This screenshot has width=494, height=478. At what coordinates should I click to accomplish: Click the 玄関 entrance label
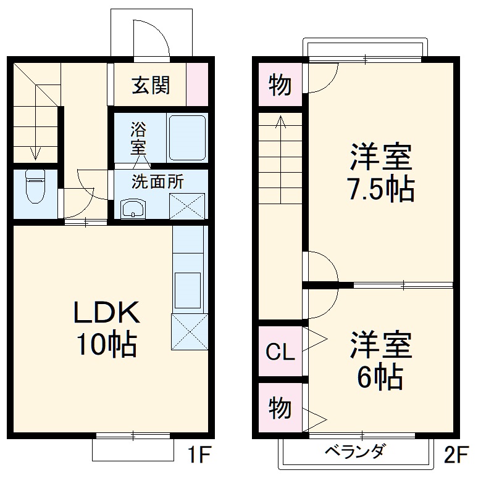click(150, 85)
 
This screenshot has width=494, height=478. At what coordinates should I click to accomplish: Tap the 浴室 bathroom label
click(138, 139)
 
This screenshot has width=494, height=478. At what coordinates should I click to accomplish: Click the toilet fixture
click(35, 187)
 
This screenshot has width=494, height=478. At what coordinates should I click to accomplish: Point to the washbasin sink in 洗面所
click(132, 208)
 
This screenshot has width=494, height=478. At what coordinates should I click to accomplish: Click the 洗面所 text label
click(157, 182)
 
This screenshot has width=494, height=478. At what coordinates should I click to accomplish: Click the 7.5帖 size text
click(380, 189)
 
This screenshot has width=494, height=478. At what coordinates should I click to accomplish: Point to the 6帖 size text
click(380, 376)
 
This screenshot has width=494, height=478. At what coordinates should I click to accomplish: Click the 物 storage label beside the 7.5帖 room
click(280, 86)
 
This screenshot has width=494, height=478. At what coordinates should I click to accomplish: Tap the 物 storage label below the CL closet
click(280, 408)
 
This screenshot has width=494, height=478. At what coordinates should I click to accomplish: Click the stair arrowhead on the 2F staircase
click(281, 120)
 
